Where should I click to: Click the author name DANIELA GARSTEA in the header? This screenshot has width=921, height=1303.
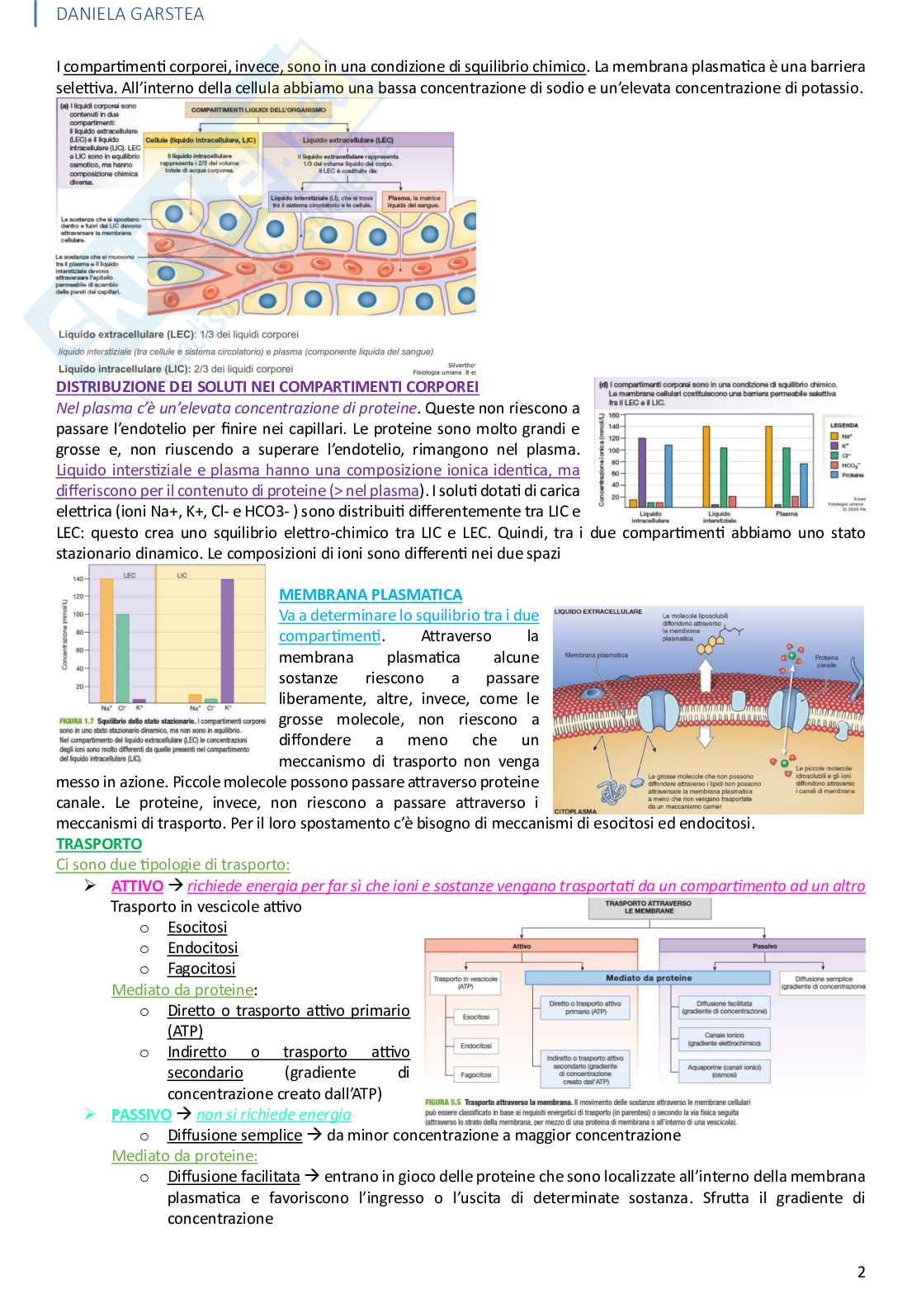pos(130,14)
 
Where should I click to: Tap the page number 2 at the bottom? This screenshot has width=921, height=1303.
pos(861,1272)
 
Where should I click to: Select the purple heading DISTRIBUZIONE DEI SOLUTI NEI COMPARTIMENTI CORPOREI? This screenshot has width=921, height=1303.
pos(267,386)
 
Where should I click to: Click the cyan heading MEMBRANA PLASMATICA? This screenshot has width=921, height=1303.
pos(370,594)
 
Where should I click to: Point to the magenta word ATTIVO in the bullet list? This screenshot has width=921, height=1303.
pos(137,885)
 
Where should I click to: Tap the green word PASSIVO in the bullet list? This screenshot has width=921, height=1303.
pos(141,1114)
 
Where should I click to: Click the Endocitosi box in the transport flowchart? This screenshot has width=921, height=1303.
pos(476,1046)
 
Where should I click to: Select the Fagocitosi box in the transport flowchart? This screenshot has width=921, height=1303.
pos(476,1074)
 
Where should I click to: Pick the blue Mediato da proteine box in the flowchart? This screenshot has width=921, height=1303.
pos(649,978)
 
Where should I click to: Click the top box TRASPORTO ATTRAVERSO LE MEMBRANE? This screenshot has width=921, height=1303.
pos(649,907)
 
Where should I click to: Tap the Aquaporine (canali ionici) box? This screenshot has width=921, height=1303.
pos(724,1070)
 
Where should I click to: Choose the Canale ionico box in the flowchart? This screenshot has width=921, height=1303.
pos(724,1039)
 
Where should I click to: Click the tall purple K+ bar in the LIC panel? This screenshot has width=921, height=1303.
pos(228,640)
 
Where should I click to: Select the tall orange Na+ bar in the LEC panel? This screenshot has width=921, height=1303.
pos(106,640)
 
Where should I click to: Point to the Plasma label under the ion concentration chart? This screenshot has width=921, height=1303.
pos(786,513)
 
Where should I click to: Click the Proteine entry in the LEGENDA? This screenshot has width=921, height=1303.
pos(853,475)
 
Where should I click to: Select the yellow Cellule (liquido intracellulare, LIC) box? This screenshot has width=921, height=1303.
pos(201,140)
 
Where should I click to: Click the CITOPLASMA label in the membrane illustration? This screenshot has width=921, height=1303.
pos(575,811)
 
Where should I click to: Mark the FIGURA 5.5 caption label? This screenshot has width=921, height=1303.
pos(442,1102)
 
